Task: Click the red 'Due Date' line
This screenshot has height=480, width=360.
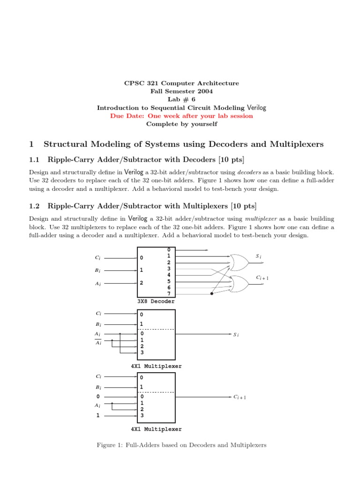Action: click(x=181, y=116)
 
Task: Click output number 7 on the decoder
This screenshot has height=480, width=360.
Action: click(x=169, y=293)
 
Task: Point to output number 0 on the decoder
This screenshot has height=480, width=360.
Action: click(x=169, y=250)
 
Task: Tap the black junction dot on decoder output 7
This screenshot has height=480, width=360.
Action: click(x=212, y=294)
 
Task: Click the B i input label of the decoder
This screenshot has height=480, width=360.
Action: click(x=97, y=270)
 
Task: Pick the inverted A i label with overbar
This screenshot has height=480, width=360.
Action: click(x=97, y=343)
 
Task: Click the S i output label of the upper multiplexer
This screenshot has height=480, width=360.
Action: click(x=236, y=335)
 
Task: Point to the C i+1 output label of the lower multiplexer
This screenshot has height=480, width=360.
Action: click(x=240, y=397)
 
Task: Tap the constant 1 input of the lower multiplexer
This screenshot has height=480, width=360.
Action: click(x=97, y=415)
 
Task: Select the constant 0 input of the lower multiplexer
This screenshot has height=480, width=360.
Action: click(x=97, y=397)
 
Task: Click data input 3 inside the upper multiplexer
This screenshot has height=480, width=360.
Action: click(x=142, y=352)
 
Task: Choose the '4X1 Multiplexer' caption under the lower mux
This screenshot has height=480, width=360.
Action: click(x=157, y=429)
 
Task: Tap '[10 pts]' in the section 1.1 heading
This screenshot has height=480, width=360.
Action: click(x=230, y=159)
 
